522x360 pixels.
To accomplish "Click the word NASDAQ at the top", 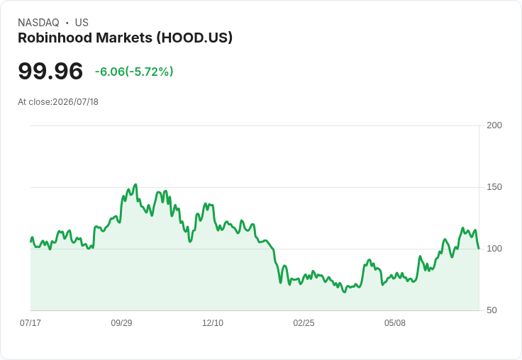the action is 38,23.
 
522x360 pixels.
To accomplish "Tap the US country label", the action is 82,23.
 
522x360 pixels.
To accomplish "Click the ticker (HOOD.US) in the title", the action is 195,38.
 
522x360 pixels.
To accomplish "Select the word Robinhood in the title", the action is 55,38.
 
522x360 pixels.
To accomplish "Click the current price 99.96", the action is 50,71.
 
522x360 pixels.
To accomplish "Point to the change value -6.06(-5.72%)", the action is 134,72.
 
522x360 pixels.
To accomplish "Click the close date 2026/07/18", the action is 76,102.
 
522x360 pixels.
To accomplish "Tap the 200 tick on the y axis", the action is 494,125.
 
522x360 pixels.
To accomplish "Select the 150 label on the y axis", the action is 494,187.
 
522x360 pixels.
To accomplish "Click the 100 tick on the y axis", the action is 494,249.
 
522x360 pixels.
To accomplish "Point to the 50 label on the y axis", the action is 492,310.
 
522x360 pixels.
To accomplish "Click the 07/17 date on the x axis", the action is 30,322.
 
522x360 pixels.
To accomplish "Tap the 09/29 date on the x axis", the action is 121,322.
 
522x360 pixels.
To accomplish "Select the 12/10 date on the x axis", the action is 213,322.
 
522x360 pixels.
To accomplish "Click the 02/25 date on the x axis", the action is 304,322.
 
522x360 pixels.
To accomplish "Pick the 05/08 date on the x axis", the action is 395,322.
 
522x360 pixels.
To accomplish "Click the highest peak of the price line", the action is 135,184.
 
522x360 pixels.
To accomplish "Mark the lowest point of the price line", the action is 345,292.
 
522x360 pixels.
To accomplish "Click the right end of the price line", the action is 479,248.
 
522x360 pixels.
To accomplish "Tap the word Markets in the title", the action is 124,38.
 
